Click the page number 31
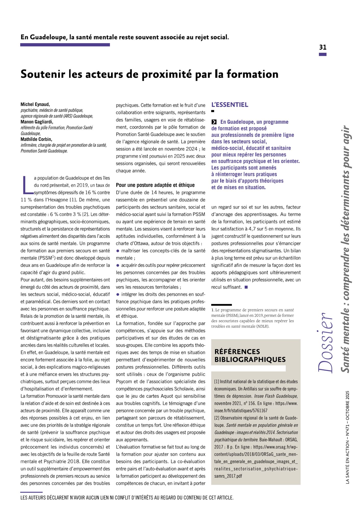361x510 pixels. (323, 47)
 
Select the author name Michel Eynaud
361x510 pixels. (35, 104)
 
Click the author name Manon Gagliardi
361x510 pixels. (37, 122)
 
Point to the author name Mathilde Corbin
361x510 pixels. (36, 139)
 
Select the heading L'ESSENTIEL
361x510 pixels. (230, 105)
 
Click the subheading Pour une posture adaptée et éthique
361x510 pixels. (155, 185)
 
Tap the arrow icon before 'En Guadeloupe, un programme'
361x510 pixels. (214, 122)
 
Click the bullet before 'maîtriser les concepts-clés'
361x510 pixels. (118, 251)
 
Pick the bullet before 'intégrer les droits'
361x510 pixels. (118, 295)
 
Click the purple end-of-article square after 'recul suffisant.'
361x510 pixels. (246, 287)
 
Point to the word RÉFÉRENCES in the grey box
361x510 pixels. (237, 352)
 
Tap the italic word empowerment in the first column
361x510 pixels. (88, 469)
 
